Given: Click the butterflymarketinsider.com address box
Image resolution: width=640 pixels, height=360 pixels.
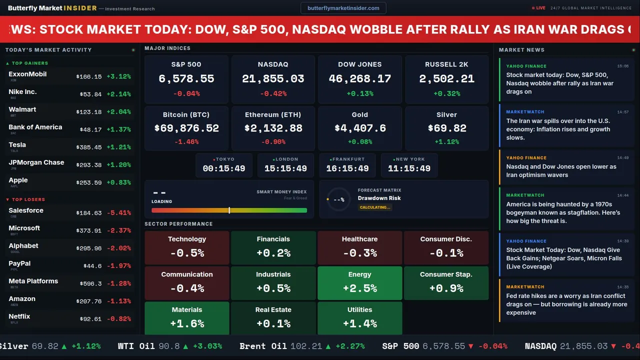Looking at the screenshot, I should pyautogui.click(x=343, y=8).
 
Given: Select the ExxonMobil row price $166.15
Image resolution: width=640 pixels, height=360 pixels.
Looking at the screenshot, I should pyautogui.click(x=89, y=77).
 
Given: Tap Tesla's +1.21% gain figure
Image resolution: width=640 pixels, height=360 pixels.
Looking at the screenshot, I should pyautogui.click(x=118, y=147).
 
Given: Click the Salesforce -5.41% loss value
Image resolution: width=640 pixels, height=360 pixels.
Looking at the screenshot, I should pyautogui.click(x=118, y=213).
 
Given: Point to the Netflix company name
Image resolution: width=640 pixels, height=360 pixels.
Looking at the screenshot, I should pyautogui.click(x=19, y=316).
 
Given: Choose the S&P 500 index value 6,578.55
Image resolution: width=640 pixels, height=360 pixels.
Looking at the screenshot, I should pyautogui.click(x=186, y=79).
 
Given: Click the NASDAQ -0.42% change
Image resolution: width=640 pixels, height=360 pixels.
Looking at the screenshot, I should pyautogui.click(x=273, y=93).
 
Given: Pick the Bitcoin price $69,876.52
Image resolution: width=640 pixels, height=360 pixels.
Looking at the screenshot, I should pyautogui.click(x=186, y=128).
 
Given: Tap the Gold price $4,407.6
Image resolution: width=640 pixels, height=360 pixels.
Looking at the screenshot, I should pyautogui.click(x=360, y=128).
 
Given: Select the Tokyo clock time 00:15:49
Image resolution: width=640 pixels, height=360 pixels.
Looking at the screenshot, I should pyautogui.click(x=224, y=168).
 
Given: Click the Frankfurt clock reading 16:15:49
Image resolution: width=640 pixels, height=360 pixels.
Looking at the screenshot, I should pyautogui.click(x=347, y=168).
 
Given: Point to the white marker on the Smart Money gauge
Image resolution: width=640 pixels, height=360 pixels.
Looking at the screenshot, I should pyautogui.click(x=229, y=210).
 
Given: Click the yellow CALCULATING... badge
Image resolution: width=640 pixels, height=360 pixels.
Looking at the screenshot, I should pyautogui.click(x=374, y=207).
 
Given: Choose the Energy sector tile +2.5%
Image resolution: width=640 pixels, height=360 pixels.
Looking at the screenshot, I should pyautogui.click(x=360, y=288).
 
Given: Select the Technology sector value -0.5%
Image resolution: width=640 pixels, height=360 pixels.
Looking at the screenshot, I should pyautogui.click(x=187, y=253).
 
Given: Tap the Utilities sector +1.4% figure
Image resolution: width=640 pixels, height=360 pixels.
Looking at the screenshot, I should pyautogui.click(x=360, y=324).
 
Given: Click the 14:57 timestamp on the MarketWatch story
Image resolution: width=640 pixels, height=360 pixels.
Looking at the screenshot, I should pyautogui.click(x=622, y=112).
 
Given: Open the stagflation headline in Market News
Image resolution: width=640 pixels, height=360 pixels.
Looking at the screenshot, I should pyautogui.click(x=563, y=212).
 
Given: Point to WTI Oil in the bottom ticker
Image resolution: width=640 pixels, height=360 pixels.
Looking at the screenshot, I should pyautogui.click(x=136, y=346).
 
